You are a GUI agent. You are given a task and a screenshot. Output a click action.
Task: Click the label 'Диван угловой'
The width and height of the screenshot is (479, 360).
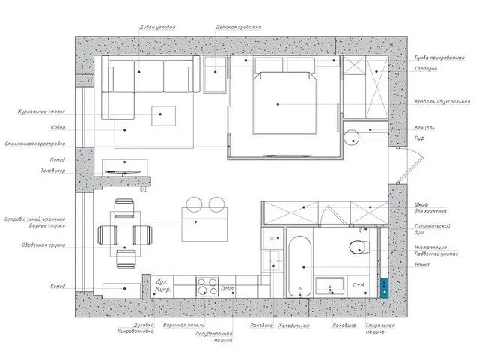tap(158, 27)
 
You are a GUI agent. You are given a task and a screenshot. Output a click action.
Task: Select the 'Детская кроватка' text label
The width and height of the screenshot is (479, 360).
tap(239, 27)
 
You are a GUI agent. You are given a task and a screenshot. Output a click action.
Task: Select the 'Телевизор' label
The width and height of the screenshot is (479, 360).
tap(53, 171)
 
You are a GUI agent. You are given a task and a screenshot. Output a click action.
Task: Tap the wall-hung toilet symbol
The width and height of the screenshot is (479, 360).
tap(356, 248)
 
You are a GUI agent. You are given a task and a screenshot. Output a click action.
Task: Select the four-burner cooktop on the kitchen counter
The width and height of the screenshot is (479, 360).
tap(206, 287)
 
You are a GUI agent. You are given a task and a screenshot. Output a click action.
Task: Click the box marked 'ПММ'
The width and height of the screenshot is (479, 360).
tap(227, 288)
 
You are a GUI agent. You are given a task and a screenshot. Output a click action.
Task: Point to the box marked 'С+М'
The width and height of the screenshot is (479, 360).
tap(359, 285)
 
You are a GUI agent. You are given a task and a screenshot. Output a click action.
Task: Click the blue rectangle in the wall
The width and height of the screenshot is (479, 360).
tap(385, 287)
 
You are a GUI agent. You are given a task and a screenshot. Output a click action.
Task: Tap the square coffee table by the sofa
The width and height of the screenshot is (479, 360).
tap(165, 116)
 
